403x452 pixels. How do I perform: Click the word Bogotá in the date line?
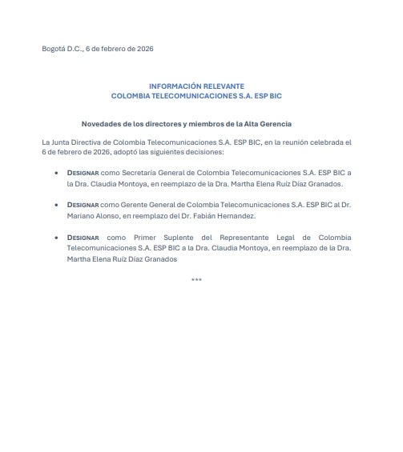[54, 49]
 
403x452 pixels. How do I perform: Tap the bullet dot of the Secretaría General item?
[55, 172]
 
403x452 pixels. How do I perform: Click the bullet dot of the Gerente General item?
[55, 205]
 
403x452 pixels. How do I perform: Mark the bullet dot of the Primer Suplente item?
[55, 238]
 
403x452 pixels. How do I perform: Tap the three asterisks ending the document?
[196, 280]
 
